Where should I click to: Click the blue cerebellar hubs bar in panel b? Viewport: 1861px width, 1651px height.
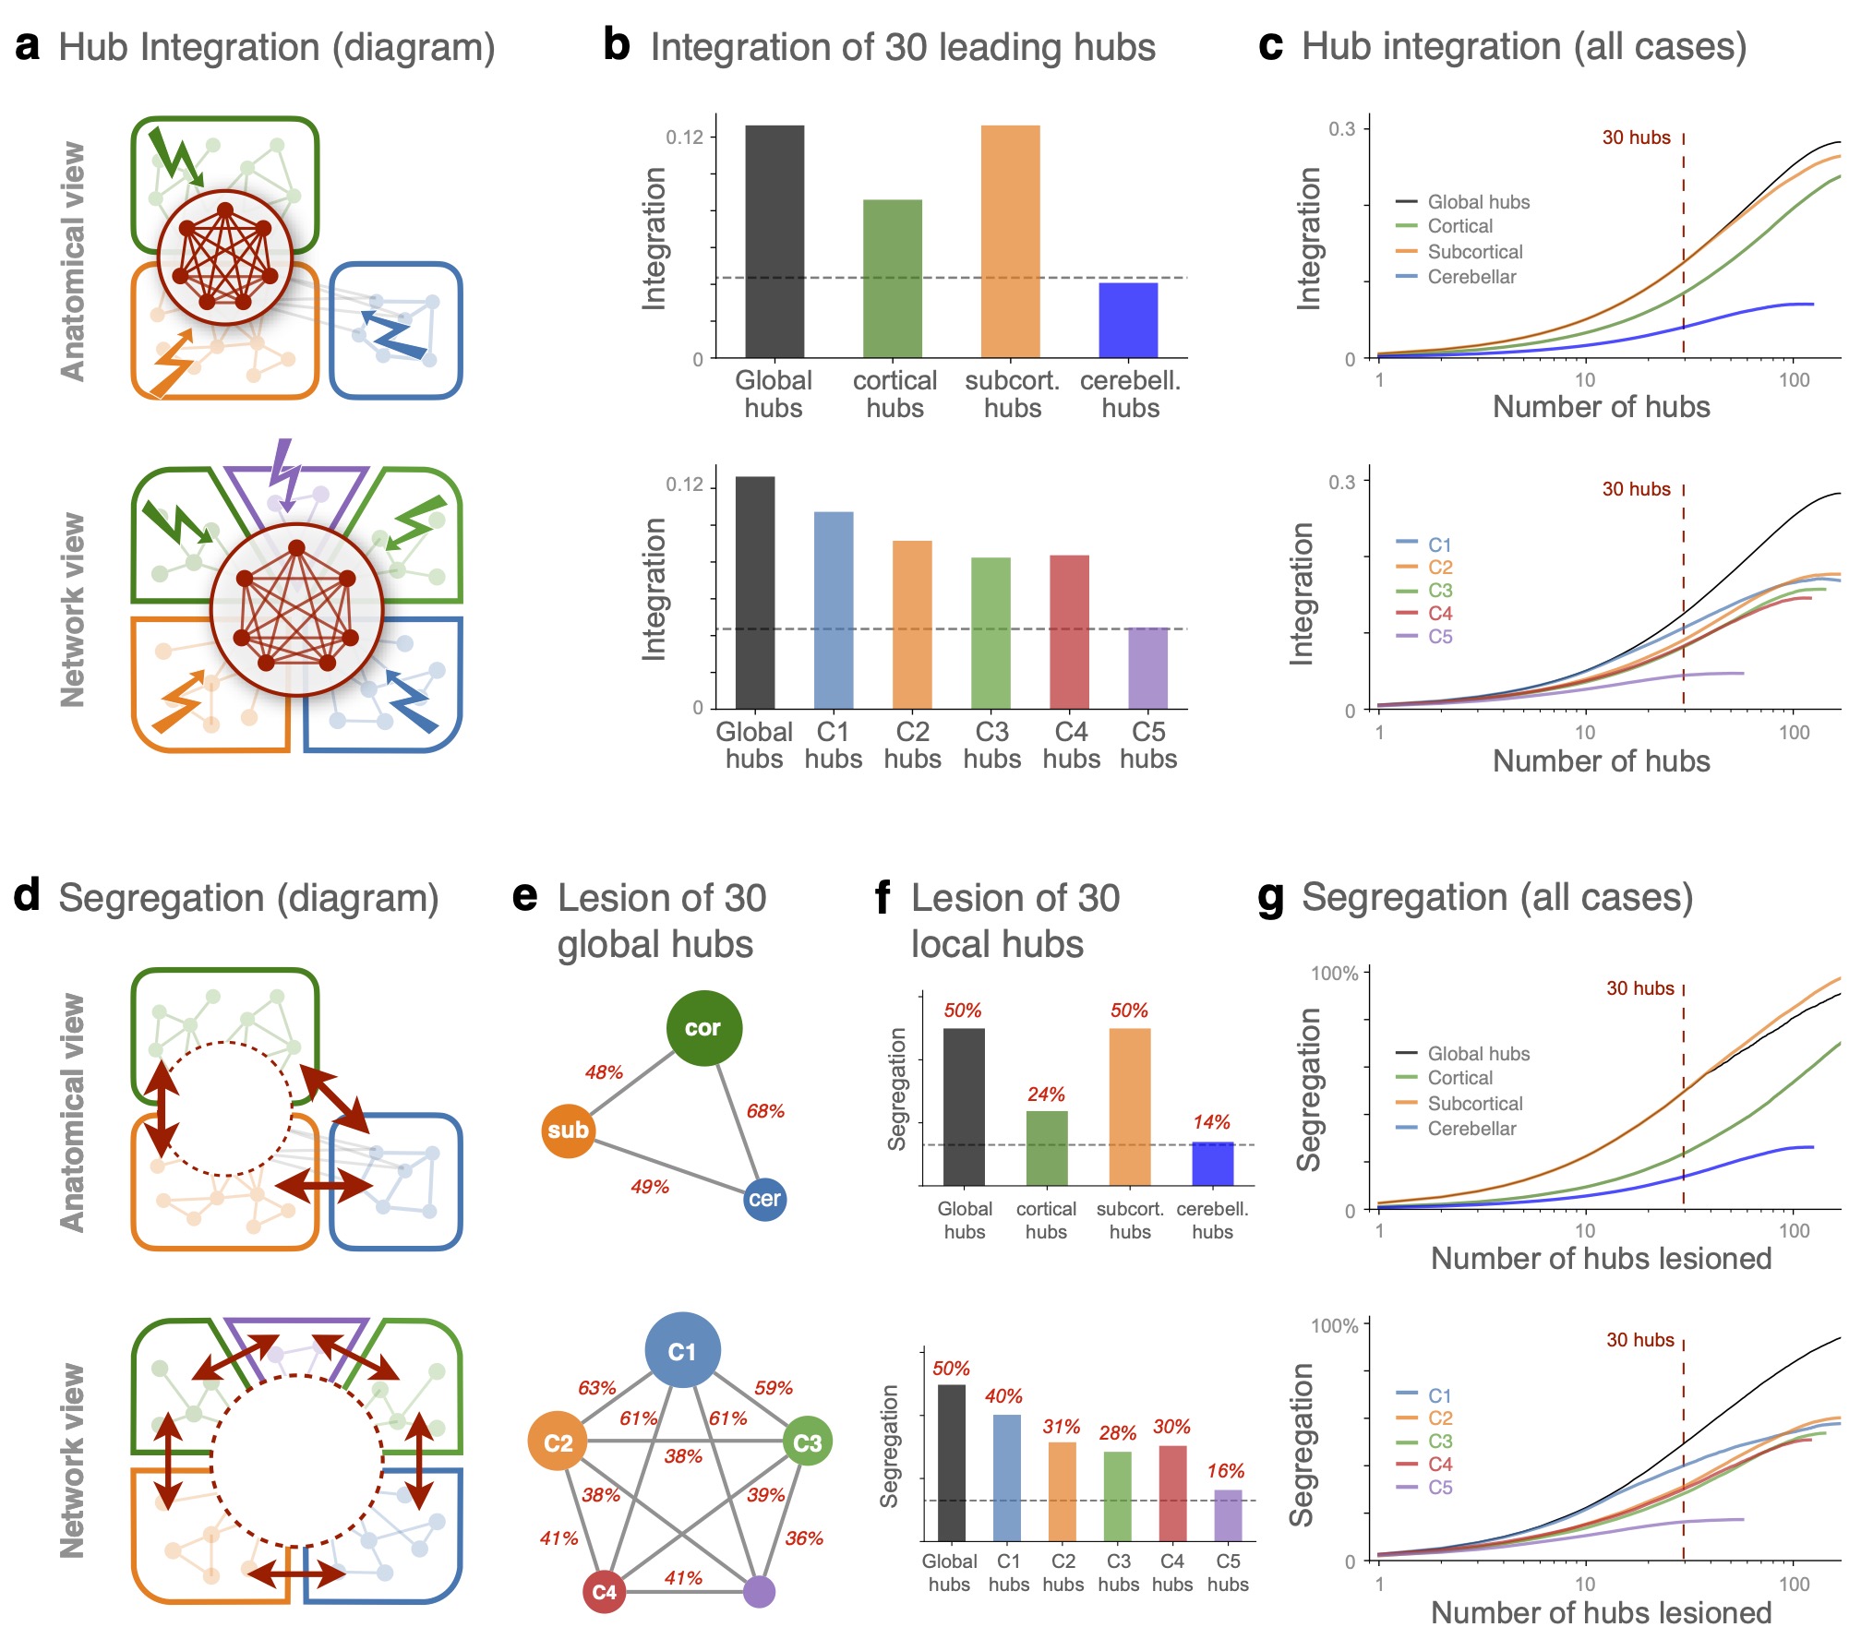coord(1128,320)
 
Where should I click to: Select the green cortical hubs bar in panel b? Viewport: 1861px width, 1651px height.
coord(892,278)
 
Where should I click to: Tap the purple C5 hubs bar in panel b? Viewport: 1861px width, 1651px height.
coord(1147,667)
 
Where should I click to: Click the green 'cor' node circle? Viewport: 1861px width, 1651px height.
coord(703,1028)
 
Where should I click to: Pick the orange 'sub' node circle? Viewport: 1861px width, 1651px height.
coord(568,1131)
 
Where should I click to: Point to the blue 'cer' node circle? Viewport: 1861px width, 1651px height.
coord(764,1199)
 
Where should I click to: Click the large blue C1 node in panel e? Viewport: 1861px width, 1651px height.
coord(682,1351)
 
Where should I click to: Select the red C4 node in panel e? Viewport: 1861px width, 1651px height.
coord(604,1592)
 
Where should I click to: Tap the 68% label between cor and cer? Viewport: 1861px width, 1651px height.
coord(765,1111)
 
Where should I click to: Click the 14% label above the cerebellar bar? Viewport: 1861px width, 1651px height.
coord(1211,1122)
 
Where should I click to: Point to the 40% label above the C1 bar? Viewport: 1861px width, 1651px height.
coord(1003,1396)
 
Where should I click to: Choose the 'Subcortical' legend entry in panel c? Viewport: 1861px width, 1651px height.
coord(1474,252)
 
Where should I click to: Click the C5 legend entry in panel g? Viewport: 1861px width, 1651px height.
coord(1439,1488)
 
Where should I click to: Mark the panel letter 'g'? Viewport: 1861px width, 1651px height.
coord(1271,898)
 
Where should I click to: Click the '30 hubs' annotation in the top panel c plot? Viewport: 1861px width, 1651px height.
coord(1636,138)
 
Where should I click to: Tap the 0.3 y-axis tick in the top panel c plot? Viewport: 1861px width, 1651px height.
coord(1341,128)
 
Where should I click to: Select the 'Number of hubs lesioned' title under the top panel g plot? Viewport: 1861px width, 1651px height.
coord(1601,1258)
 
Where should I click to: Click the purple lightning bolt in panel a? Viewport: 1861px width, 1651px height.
coord(283,473)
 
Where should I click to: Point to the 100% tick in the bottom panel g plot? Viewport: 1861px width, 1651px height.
coord(1335,1326)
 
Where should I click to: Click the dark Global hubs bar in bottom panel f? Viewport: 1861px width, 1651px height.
coord(951,1462)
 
